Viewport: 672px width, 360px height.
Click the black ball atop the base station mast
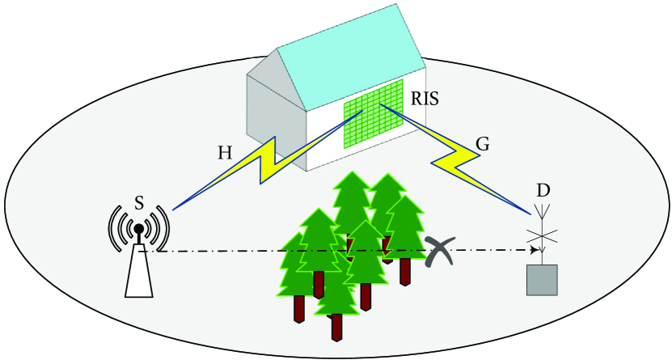pos(139,229)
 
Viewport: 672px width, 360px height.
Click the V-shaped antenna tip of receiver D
pos(543,212)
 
